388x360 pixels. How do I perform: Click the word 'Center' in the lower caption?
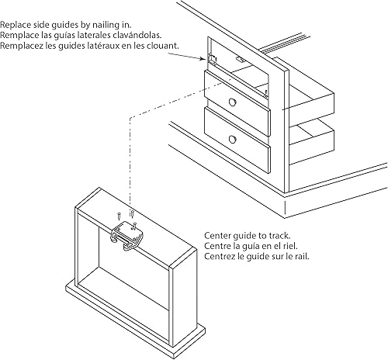(x=217, y=235)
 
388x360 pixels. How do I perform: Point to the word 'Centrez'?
(x=219, y=255)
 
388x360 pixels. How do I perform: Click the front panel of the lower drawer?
(x=237, y=140)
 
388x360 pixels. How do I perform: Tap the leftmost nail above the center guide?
(x=117, y=215)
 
